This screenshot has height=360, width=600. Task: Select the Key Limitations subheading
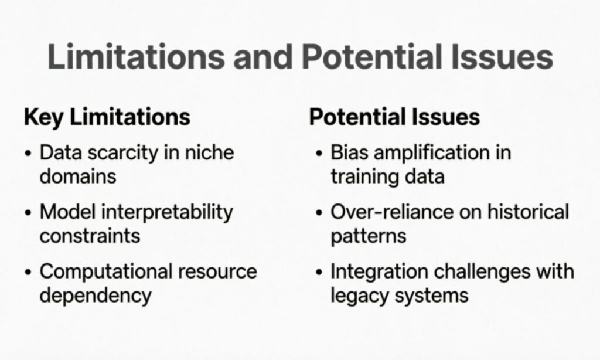pos(107,117)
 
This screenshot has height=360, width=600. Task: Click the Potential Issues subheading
pos(394,117)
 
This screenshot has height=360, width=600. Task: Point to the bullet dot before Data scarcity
pos(29,154)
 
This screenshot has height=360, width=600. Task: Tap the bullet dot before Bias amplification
pos(319,154)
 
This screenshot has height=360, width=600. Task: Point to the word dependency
pos(96,295)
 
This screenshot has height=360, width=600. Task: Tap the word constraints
pos(90,236)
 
